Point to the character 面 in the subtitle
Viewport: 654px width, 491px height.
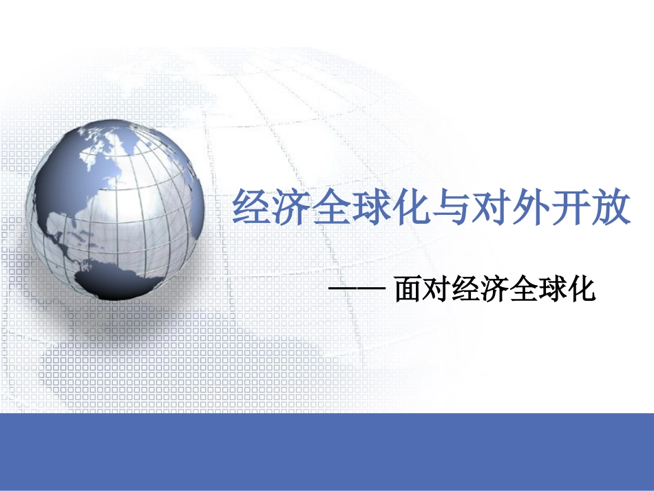409,290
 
